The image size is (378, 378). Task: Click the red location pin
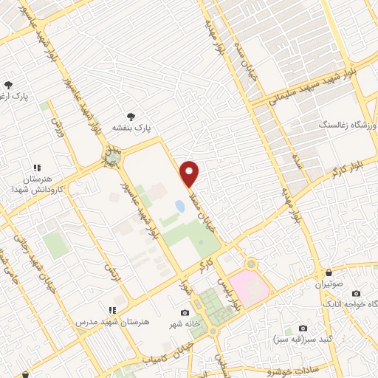[x=190, y=173]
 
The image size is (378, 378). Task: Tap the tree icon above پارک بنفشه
[x=131, y=116]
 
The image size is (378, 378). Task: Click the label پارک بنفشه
[x=131, y=128]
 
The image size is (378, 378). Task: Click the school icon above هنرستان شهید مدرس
[x=112, y=311]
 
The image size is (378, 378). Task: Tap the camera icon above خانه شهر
[x=185, y=313]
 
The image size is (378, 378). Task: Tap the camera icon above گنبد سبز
[x=303, y=328]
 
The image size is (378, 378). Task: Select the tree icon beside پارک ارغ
[x=9, y=86]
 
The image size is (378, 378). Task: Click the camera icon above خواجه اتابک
[x=357, y=293]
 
